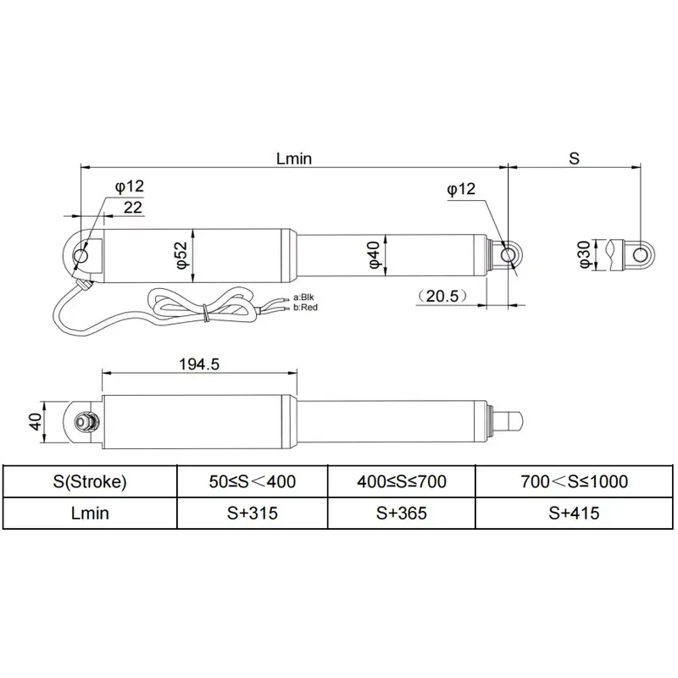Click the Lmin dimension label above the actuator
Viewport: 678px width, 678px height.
pyautogui.click(x=294, y=158)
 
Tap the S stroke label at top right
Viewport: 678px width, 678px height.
pyautogui.click(x=574, y=158)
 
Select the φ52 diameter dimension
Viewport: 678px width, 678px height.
pyautogui.click(x=182, y=256)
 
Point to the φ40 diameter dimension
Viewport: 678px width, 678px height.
pyautogui.click(x=375, y=255)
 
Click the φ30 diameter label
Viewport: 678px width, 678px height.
pyautogui.click(x=584, y=255)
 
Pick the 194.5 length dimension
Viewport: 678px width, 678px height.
pyautogui.click(x=199, y=364)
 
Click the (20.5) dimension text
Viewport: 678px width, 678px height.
pyautogui.click(x=442, y=296)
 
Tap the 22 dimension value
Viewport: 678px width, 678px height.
pyautogui.click(x=133, y=208)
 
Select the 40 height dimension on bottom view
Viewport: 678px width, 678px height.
pyautogui.click(x=36, y=422)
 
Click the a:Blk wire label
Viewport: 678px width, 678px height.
pyautogui.click(x=303, y=297)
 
